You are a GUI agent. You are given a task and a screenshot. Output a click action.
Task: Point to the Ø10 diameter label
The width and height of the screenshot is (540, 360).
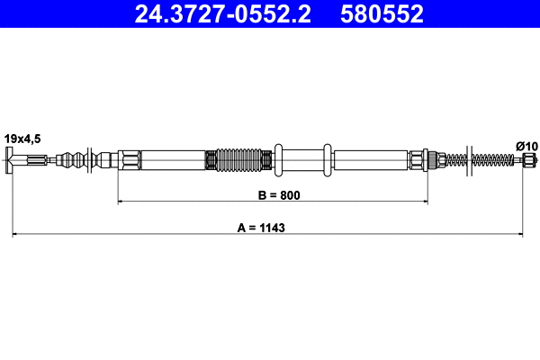tap(525, 146)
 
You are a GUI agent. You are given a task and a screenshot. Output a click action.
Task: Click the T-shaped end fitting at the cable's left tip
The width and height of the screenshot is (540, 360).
tap(12, 162)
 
